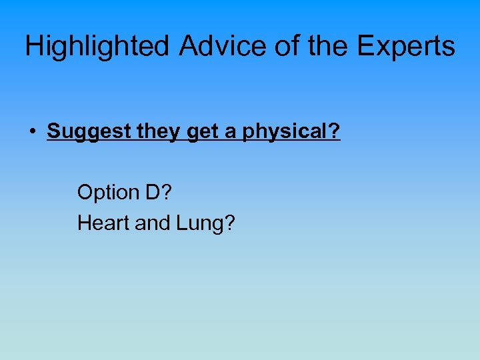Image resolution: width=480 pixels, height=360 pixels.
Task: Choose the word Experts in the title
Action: (407, 47)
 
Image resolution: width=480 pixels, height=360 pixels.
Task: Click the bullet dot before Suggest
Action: (32, 132)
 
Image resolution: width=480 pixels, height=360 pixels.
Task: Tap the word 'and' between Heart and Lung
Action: (153, 223)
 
